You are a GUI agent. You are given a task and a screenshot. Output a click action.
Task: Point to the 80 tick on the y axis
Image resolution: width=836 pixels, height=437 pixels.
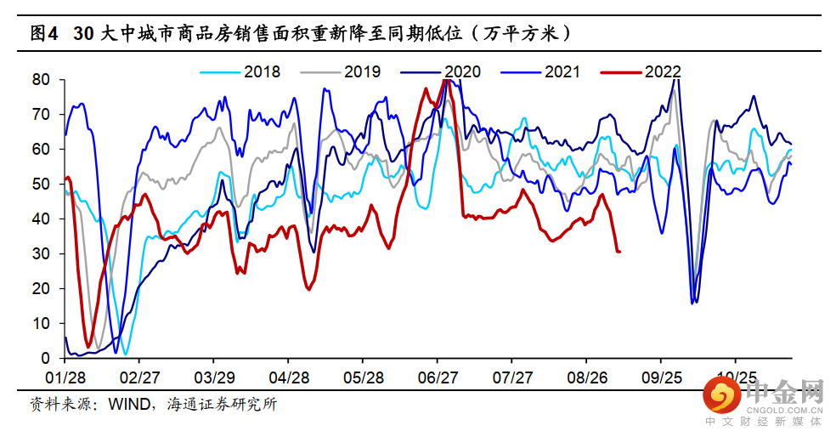point(42,80)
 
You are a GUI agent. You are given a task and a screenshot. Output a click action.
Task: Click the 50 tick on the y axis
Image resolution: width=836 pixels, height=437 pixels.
point(42,184)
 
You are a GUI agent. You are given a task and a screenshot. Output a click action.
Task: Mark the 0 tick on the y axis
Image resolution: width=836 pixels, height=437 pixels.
point(47,359)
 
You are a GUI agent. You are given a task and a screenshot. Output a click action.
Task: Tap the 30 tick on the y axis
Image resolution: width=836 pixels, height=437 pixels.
point(42,254)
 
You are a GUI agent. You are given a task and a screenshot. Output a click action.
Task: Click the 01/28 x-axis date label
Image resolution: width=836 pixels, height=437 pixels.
point(65,376)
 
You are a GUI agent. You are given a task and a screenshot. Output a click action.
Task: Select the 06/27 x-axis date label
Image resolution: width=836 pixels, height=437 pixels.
point(438,376)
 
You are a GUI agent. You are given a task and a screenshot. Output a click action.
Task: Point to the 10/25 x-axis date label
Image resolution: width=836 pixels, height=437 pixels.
point(737,376)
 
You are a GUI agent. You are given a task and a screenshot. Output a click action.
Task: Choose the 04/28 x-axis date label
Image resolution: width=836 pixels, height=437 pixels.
point(290,376)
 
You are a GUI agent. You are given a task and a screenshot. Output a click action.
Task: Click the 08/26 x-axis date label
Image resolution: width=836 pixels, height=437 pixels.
point(588,376)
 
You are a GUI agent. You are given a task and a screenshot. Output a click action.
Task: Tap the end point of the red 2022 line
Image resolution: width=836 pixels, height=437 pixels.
point(619,252)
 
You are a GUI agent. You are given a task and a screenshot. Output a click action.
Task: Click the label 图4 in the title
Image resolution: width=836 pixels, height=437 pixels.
point(43,34)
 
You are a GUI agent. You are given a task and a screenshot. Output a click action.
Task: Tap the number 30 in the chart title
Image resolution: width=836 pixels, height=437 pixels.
point(83,34)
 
